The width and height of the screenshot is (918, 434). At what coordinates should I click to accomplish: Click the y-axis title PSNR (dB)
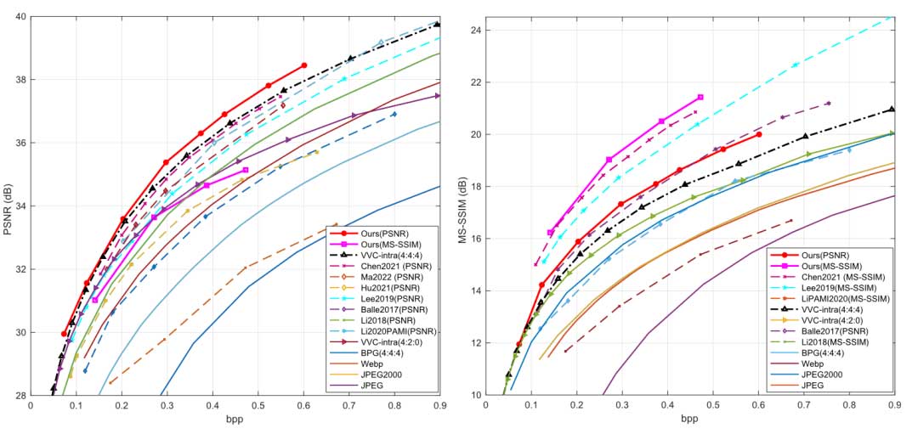(x=9, y=206)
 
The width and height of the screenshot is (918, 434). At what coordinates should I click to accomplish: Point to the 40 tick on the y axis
(x=18, y=17)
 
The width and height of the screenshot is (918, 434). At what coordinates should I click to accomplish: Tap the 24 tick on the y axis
(x=473, y=30)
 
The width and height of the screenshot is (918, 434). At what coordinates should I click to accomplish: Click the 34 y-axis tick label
(x=18, y=206)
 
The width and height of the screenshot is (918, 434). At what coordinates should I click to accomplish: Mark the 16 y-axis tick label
(x=473, y=239)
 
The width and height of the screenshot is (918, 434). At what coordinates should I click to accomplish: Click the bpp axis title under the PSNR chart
(x=235, y=420)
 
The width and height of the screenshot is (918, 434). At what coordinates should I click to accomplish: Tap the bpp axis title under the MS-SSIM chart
(x=689, y=420)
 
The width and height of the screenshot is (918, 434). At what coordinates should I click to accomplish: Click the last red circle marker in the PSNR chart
(x=304, y=65)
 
